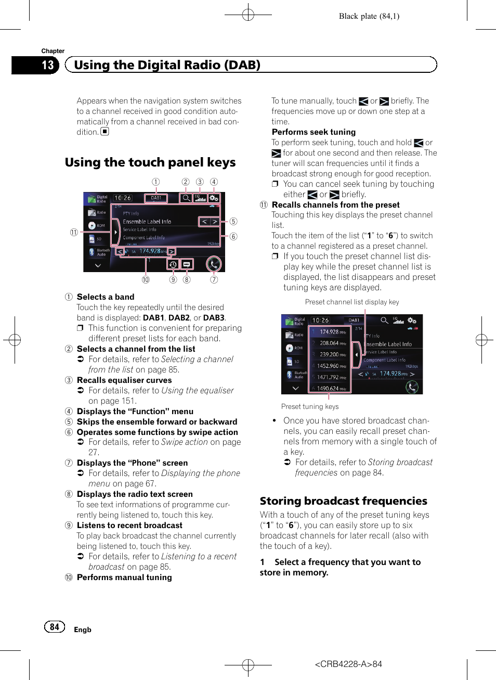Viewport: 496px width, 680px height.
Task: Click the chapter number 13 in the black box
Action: point(48,65)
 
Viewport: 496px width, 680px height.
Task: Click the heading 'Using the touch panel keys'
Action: point(150,162)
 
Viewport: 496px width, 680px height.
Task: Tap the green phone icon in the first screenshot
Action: point(213,264)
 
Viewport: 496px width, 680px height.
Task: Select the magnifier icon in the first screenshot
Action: point(186,198)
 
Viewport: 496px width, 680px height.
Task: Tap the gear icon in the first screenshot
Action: point(214,198)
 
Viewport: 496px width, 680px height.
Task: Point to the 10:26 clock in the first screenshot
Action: point(123,198)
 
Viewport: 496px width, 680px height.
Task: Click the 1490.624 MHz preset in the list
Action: point(331,388)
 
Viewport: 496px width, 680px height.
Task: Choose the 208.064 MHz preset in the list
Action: point(332,343)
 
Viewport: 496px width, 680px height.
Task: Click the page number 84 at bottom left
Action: point(55,627)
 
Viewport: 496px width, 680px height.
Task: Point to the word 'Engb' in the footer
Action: point(83,630)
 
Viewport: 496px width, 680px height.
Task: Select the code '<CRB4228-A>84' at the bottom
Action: point(348,664)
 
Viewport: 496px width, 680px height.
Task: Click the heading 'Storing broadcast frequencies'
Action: point(343,501)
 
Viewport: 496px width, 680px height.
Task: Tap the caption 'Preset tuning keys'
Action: point(310,406)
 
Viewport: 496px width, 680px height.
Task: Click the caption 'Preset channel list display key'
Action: point(352,302)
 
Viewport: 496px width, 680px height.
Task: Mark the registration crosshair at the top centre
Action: point(248,15)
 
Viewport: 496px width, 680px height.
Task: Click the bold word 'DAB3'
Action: point(214,318)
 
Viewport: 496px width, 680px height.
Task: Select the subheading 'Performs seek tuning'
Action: point(314,132)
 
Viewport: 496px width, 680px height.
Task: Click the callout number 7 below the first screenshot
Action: point(214,279)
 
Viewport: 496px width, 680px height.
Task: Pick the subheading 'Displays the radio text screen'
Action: point(135,494)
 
